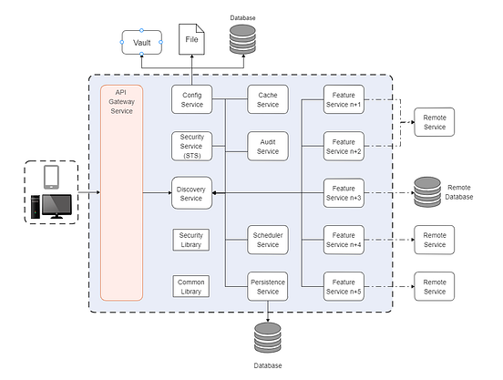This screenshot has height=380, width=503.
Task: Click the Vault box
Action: tap(141, 42)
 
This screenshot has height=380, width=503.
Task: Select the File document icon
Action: tap(191, 40)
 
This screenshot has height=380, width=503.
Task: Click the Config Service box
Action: tap(191, 98)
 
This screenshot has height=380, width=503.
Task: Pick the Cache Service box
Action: tap(268, 98)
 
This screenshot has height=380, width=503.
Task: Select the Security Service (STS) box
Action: tap(191, 145)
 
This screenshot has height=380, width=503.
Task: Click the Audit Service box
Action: tap(268, 145)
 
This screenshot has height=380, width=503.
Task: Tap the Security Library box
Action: tap(191, 239)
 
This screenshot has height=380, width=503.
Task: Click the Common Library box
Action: tap(191, 285)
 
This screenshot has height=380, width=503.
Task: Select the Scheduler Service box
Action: tap(268, 239)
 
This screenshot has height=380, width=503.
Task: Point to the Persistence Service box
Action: tap(268, 285)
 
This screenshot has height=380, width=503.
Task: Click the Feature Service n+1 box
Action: tap(344, 98)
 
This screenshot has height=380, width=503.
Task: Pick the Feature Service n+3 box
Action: tap(344, 191)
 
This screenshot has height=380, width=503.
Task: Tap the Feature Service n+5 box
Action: tap(344, 285)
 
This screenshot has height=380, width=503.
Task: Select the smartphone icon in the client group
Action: tap(51, 175)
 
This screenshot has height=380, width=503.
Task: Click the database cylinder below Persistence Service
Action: tap(268, 338)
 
